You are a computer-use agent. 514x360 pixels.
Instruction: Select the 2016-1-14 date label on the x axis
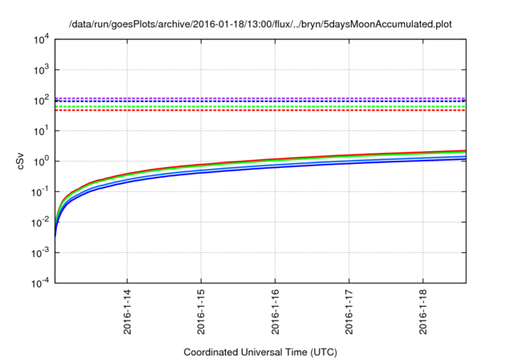127,313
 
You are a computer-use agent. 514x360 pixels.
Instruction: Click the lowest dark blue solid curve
321,168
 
